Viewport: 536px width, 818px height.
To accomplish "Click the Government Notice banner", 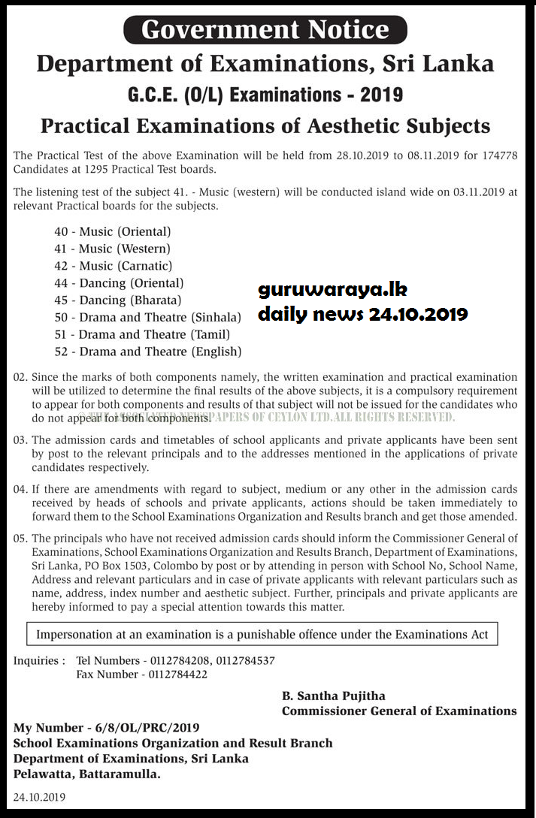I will coord(265,29).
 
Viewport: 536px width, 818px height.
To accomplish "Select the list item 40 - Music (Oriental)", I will coord(113,232).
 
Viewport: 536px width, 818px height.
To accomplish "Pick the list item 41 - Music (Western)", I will coord(112,249).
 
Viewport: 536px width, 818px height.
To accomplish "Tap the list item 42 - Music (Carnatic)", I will coord(114,266).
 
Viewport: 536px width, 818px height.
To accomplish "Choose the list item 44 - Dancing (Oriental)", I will coord(119,283).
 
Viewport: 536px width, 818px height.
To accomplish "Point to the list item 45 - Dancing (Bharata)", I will coord(118,300).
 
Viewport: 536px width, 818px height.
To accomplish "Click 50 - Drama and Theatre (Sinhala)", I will coord(148,318).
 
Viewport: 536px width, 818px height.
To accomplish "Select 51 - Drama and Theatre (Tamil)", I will coord(142,334).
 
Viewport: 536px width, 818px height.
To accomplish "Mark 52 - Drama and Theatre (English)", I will coord(148,352).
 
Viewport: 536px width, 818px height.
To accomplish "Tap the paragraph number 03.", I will coord(20,440).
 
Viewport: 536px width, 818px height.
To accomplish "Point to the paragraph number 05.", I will coord(20,539).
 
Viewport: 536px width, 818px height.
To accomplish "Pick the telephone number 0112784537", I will coord(245,661).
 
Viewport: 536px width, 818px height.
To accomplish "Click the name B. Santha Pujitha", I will coord(333,696).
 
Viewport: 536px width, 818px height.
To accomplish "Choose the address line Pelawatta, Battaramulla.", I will coord(87,774).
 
